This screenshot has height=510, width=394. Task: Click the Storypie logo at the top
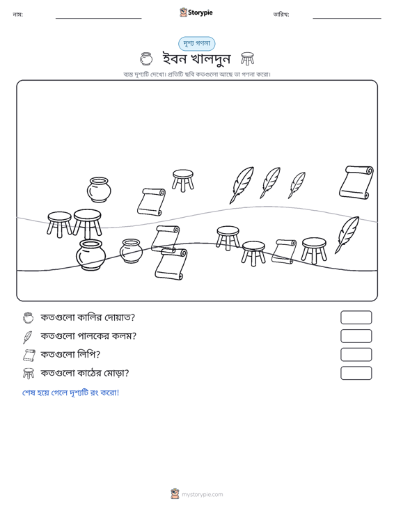196,13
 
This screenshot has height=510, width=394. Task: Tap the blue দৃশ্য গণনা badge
196,44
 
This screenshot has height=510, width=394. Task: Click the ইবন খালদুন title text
196,59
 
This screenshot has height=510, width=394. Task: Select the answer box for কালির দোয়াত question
356,317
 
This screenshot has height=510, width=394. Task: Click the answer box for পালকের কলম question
356,336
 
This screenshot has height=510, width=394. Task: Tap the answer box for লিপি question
356,355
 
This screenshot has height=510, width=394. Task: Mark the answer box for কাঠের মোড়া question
356,373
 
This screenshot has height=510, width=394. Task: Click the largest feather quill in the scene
242,185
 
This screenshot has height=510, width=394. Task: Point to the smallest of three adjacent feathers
297,185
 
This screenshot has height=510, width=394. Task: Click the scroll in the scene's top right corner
356,182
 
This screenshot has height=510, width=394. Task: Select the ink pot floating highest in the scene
99,190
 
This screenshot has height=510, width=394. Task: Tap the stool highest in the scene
183,180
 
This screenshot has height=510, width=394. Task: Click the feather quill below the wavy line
347,235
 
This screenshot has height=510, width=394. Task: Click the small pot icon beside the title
146,59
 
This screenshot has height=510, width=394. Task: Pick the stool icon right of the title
248,59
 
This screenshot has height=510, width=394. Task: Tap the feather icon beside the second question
28,337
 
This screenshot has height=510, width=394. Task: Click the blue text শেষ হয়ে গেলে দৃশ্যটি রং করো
70,392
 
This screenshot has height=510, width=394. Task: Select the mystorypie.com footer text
202,495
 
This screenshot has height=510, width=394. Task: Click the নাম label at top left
17,15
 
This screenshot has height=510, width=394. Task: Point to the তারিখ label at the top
281,15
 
